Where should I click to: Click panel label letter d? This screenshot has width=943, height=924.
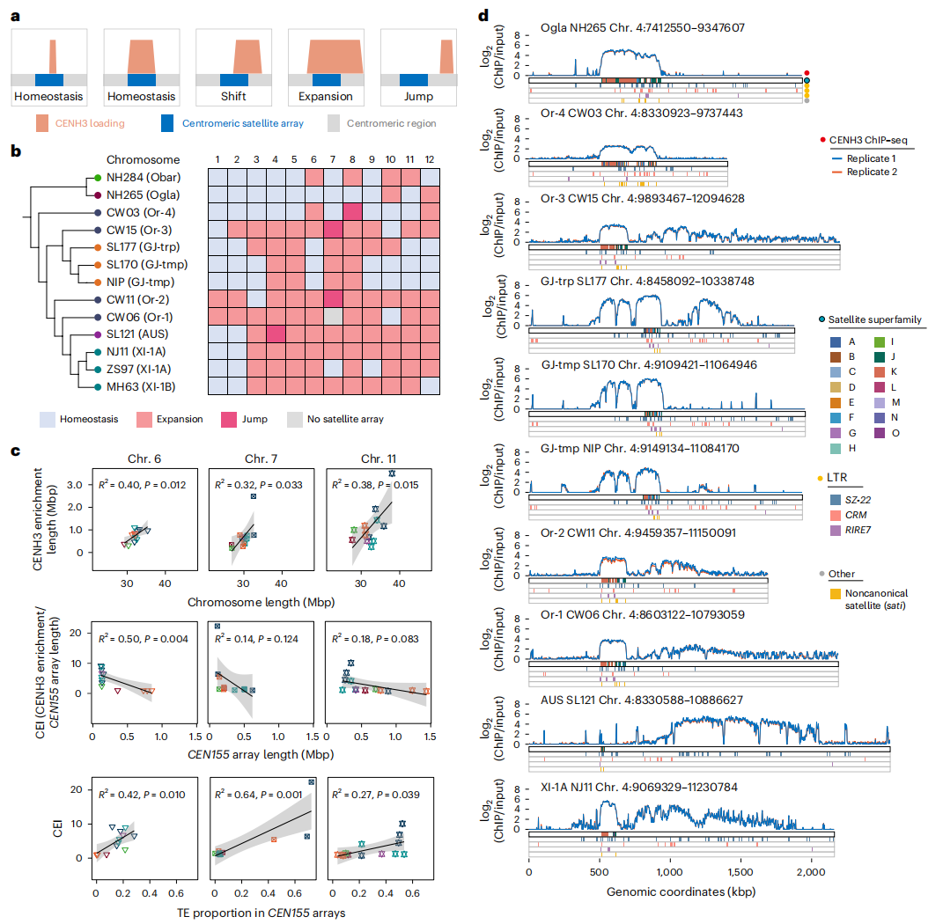click(482, 15)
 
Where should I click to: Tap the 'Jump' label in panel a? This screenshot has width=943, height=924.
click(418, 96)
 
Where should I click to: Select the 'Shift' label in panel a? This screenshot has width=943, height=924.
click(233, 96)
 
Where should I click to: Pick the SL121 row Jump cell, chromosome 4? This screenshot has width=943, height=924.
click(276, 334)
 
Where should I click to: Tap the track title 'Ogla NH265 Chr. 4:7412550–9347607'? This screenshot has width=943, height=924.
click(643, 27)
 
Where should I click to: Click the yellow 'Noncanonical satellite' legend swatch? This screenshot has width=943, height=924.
click(824, 593)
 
